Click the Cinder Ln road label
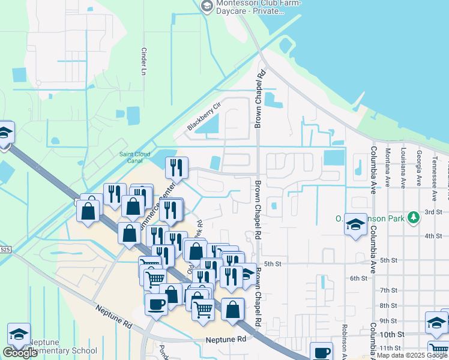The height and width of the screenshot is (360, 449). pyautogui.click(x=143, y=61)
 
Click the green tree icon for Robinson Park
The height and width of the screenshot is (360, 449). pyautogui.click(x=413, y=217)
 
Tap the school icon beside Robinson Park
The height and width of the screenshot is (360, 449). pyautogui.click(x=356, y=225)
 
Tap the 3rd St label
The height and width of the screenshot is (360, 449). pyautogui.click(x=433, y=212)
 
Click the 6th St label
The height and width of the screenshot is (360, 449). pyautogui.click(x=358, y=278)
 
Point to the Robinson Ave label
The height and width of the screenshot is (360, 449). pyautogui.click(x=345, y=341)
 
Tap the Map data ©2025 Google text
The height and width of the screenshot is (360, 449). pyautogui.click(x=411, y=355)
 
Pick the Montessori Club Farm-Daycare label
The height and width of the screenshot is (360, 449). pyautogui.click(x=251, y=6)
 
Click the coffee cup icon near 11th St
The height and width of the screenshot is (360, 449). pyautogui.click(x=322, y=352)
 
